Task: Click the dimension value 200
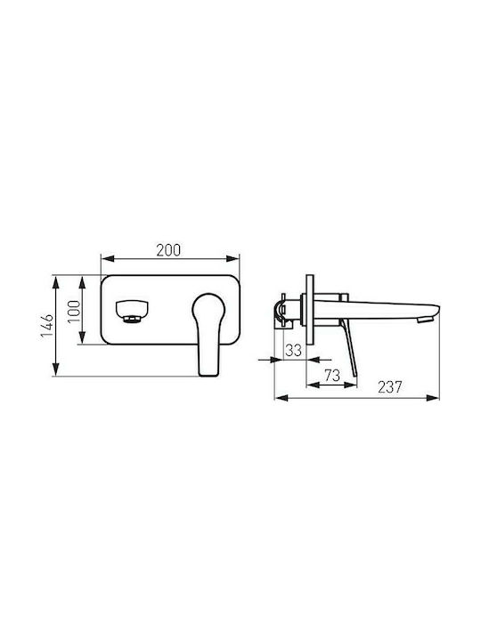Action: point(168,250)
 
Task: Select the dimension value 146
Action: point(47,326)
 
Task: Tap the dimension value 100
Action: point(74,311)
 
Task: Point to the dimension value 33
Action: point(293,350)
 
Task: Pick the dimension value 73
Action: point(332,375)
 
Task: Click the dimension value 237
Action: point(390,386)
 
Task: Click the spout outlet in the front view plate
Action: point(132,312)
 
